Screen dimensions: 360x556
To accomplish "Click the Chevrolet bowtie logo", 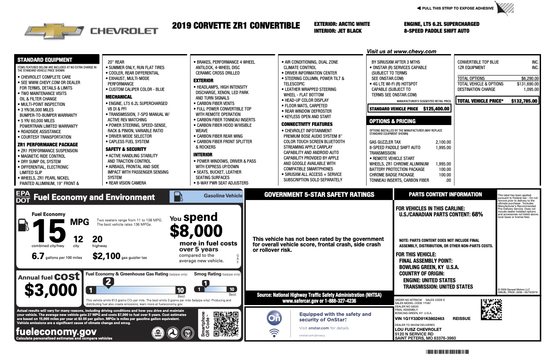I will pyautogui.click(x=54, y=30).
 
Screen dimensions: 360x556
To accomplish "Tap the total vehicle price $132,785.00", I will pyautogui.click(x=525, y=101).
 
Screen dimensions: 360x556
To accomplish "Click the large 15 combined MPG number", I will pyautogui.click(x=49, y=230).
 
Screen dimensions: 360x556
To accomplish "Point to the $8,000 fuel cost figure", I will pyautogui.click(x=196, y=231).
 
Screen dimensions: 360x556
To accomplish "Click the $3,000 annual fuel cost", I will pyautogui.click(x=51, y=290).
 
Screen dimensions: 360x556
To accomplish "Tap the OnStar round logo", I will pyautogui.click(x=274, y=318).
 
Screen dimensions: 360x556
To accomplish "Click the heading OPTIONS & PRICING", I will pyautogui.click(x=393, y=121).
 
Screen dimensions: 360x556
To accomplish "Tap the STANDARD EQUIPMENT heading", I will pyautogui.click(x=45, y=60).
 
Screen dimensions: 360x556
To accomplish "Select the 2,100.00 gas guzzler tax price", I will pyautogui.click(x=443, y=142).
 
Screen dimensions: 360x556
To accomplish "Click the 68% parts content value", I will pyautogui.click(x=477, y=214).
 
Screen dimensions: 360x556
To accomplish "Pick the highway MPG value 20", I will pyautogui.click(x=97, y=239).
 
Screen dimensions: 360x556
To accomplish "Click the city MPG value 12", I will pyautogui.click(x=78, y=239).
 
